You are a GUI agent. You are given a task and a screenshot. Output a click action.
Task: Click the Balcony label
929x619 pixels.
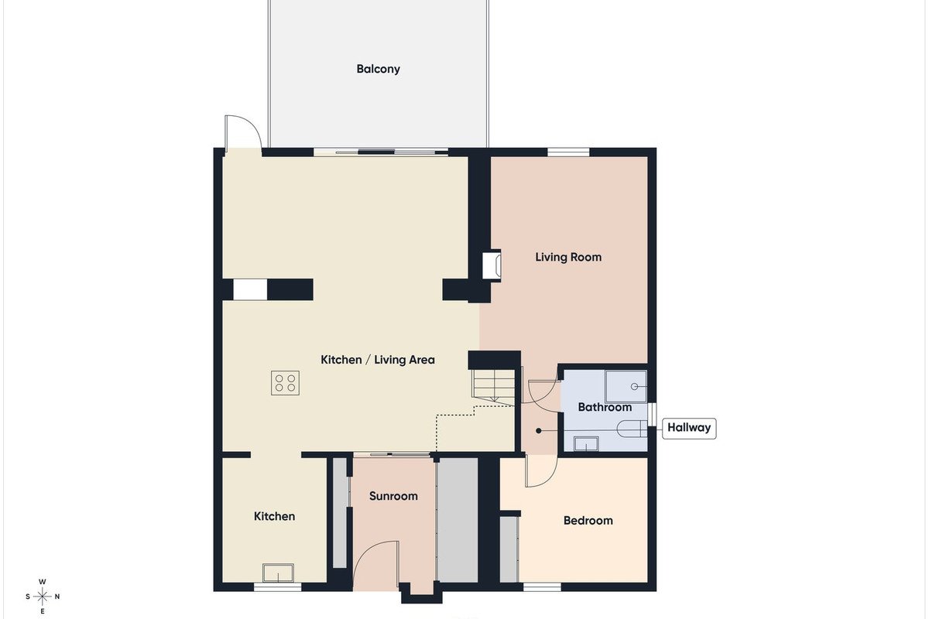378,69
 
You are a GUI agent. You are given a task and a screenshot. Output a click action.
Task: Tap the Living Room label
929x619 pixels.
568,257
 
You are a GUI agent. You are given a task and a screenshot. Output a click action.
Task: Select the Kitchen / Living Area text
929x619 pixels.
378,360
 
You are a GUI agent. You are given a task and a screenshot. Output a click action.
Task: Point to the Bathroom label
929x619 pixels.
605,407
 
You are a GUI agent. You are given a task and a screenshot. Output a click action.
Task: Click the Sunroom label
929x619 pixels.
393,496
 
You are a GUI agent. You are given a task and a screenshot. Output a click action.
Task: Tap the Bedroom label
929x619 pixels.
588,520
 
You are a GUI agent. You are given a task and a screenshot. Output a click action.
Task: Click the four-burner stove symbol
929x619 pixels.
286,383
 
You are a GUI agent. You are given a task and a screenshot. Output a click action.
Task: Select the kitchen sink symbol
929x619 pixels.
278,573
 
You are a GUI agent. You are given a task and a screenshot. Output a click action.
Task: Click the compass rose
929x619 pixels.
42,597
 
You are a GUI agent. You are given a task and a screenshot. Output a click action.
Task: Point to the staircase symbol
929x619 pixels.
494,387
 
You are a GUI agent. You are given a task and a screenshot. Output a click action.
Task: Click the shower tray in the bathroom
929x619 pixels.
626,386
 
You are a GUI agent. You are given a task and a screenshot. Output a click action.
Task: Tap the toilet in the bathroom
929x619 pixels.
632,429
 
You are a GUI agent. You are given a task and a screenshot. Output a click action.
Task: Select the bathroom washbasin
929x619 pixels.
585,443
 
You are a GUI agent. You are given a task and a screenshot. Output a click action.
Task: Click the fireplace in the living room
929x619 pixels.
492,265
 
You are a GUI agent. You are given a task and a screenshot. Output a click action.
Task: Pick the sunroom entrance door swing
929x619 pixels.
376,563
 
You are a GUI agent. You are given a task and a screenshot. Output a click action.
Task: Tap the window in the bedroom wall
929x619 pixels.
542,587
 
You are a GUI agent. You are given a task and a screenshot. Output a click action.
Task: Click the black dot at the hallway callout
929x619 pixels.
538,431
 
